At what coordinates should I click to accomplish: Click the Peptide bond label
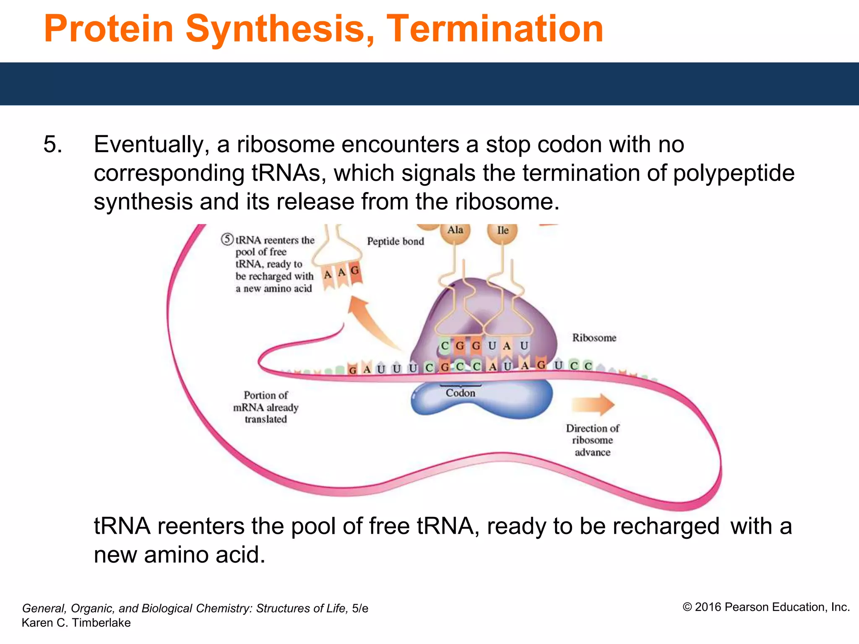[x=395, y=241]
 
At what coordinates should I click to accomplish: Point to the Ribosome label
[x=594, y=338]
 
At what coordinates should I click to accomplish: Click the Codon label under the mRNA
[x=460, y=393]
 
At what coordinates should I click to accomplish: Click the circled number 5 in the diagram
[x=227, y=239]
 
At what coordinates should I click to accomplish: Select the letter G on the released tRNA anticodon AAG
[x=355, y=271]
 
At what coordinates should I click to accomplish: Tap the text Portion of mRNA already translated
[x=266, y=407]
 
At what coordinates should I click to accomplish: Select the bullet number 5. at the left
[x=53, y=145]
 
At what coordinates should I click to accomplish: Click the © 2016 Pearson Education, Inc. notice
[x=766, y=607]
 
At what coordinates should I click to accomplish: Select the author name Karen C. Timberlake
[x=76, y=623]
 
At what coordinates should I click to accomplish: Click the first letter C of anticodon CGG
[x=445, y=346]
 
